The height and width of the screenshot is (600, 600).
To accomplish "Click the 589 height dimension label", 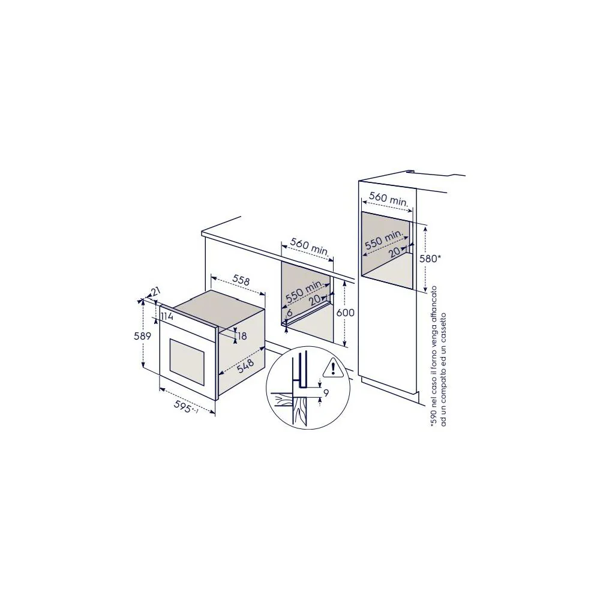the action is click(x=142, y=336).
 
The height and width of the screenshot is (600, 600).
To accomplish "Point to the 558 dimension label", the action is click(x=241, y=280).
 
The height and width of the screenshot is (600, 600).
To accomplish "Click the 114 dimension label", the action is click(x=167, y=316).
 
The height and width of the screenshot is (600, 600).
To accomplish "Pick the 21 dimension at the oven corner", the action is click(x=155, y=292).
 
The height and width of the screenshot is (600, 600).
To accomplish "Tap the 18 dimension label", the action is click(x=242, y=336).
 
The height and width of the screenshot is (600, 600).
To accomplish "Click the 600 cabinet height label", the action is click(x=345, y=313).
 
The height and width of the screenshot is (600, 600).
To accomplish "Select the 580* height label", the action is click(x=430, y=259).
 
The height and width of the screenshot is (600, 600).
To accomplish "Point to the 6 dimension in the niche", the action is click(x=290, y=313).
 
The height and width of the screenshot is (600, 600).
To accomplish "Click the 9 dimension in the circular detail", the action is click(x=326, y=392).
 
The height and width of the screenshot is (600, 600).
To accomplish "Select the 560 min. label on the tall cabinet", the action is click(x=388, y=199).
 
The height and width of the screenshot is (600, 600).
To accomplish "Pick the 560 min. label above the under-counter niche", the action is click(x=310, y=247).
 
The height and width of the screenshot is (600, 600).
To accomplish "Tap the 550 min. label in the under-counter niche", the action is click(x=305, y=291).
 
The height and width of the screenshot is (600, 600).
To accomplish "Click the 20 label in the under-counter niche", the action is click(x=315, y=300).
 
